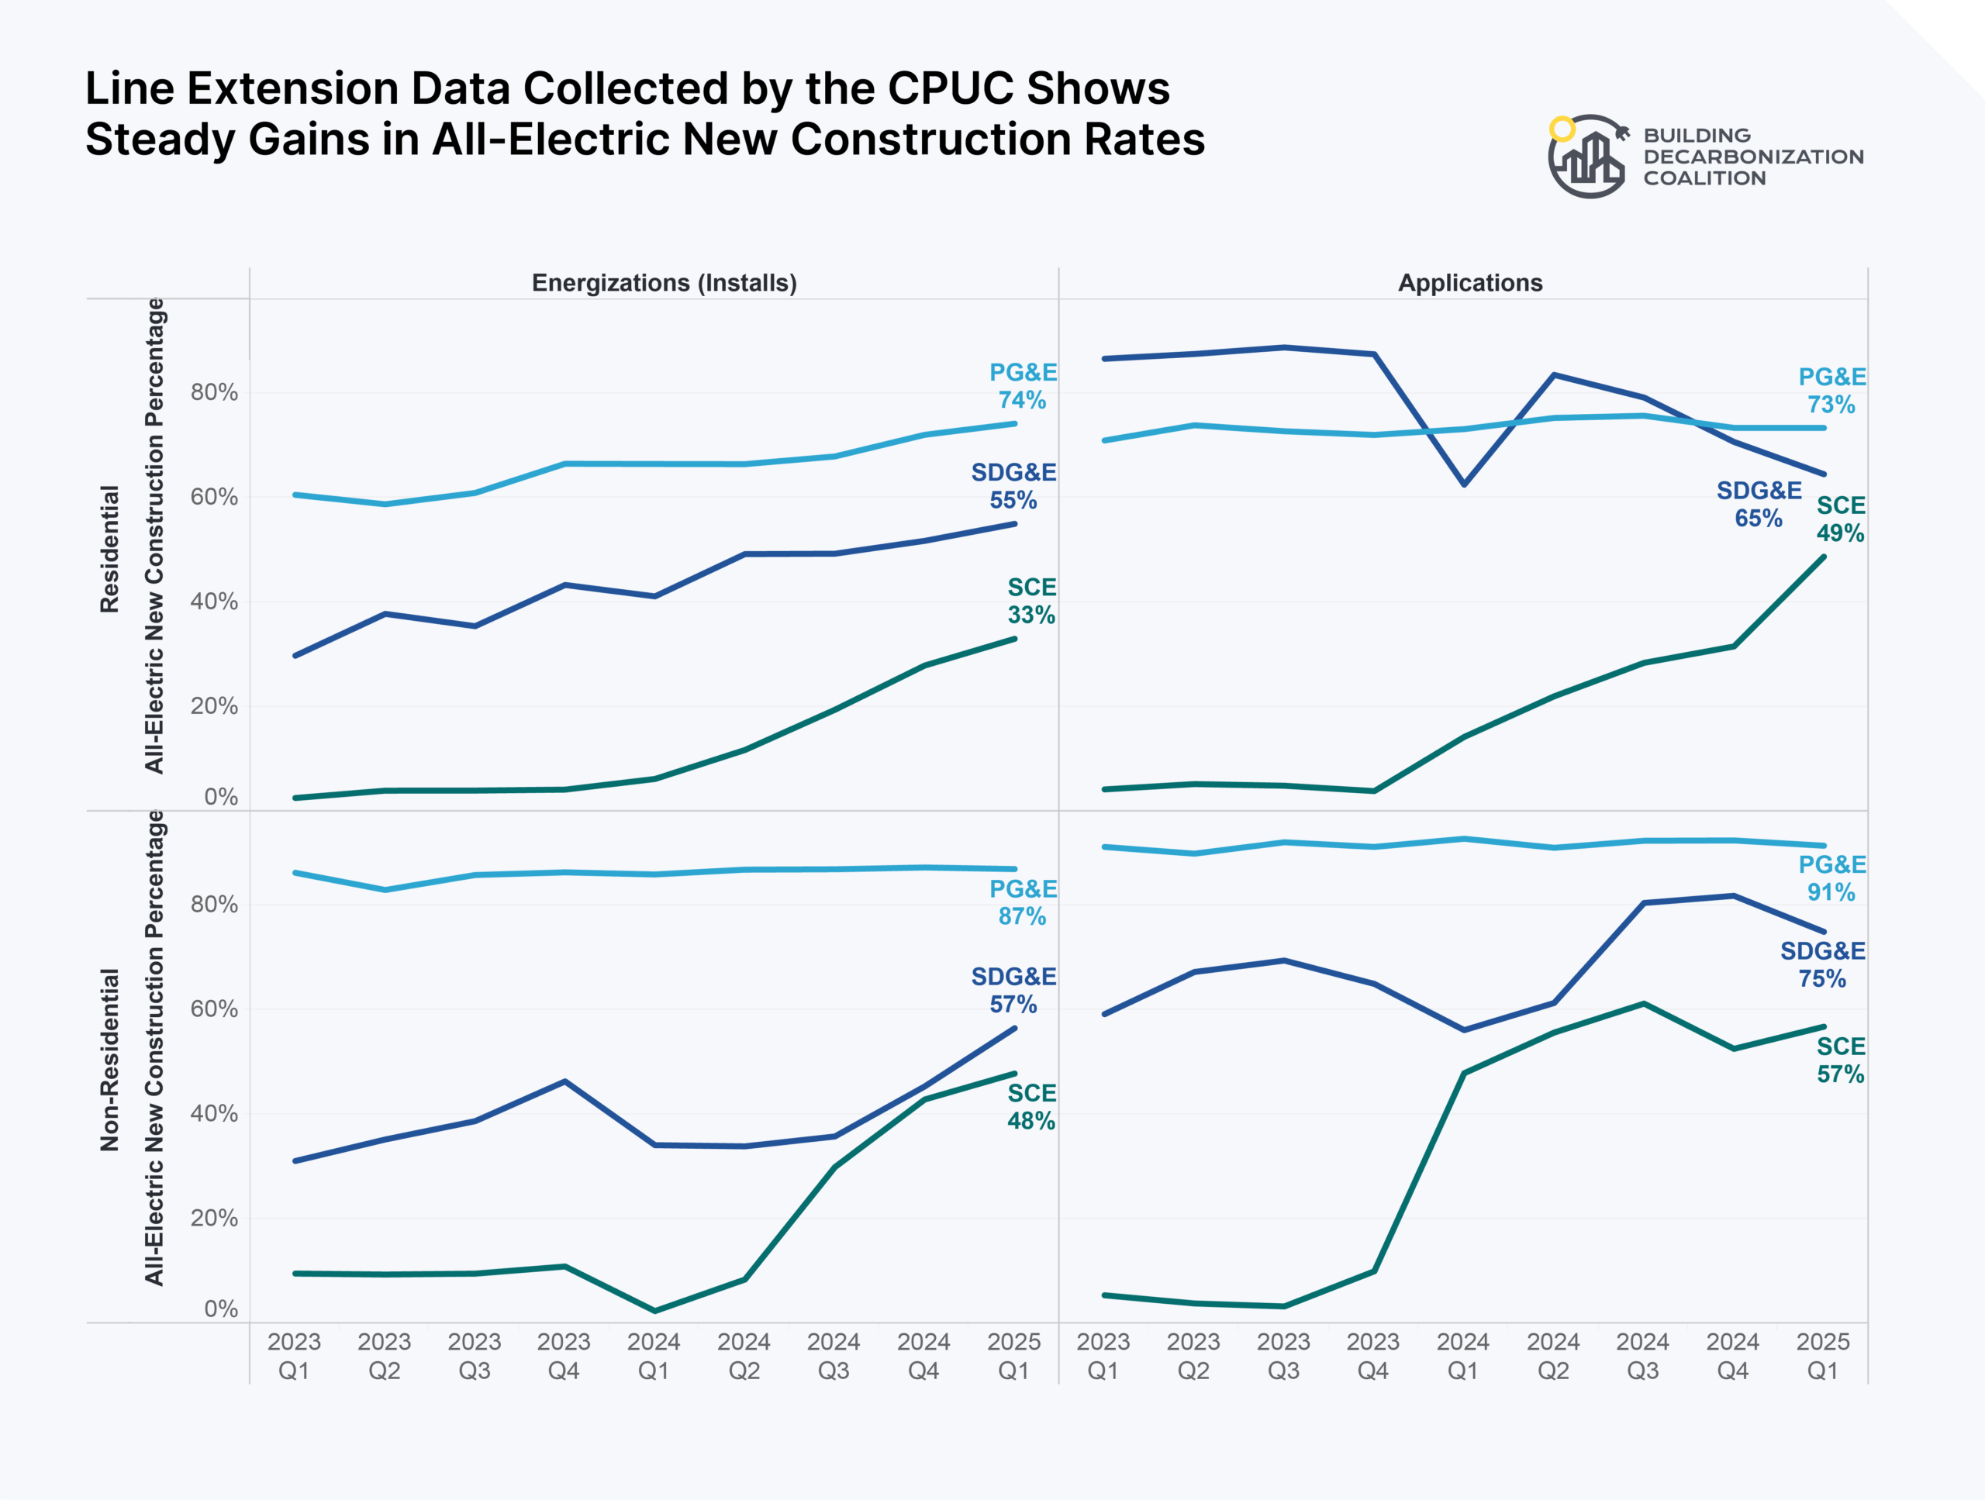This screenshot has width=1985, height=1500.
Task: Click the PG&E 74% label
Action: click(1022, 386)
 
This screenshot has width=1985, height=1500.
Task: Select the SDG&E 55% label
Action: click(1013, 485)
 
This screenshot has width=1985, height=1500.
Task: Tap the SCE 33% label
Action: click(1031, 601)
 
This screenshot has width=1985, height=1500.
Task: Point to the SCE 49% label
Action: click(1841, 519)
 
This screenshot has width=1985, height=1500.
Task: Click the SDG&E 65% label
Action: click(1758, 504)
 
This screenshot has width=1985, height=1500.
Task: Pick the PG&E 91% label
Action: click(1831, 878)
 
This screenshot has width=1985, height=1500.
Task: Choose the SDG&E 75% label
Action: click(1823, 964)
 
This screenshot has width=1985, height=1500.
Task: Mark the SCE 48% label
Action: click(1031, 1106)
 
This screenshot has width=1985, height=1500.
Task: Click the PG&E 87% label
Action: click(1022, 902)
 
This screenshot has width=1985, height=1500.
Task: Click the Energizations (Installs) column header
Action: click(664, 283)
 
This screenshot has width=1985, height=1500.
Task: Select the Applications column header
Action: click(1470, 283)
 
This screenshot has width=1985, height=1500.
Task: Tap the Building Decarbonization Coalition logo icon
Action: click(1586, 156)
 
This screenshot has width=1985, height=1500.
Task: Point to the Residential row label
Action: click(109, 549)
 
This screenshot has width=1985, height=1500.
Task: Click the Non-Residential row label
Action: click(109, 1060)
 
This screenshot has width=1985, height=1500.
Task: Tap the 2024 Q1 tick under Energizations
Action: click(654, 1356)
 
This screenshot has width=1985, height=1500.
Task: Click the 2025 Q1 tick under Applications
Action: click(1823, 1356)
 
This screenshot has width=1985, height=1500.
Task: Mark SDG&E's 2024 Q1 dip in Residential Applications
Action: click(1464, 484)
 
